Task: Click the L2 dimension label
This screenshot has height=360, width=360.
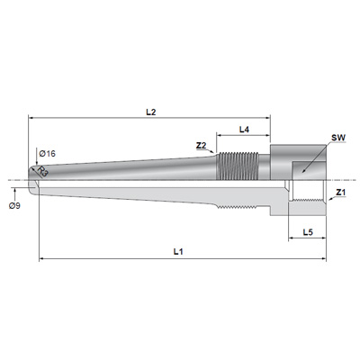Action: (151, 112)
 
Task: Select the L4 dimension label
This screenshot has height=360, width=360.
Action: (244, 130)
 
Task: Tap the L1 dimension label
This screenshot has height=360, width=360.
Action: (178, 251)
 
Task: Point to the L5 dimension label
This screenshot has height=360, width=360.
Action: (308, 232)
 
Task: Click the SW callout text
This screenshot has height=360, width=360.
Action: (338, 138)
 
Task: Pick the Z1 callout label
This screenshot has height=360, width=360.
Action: (341, 193)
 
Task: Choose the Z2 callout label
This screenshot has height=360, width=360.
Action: (202, 146)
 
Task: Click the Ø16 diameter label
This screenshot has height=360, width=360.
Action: (48, 154)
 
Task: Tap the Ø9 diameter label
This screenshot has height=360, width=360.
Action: (14, 206)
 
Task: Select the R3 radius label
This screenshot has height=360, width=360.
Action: (43, 173)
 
